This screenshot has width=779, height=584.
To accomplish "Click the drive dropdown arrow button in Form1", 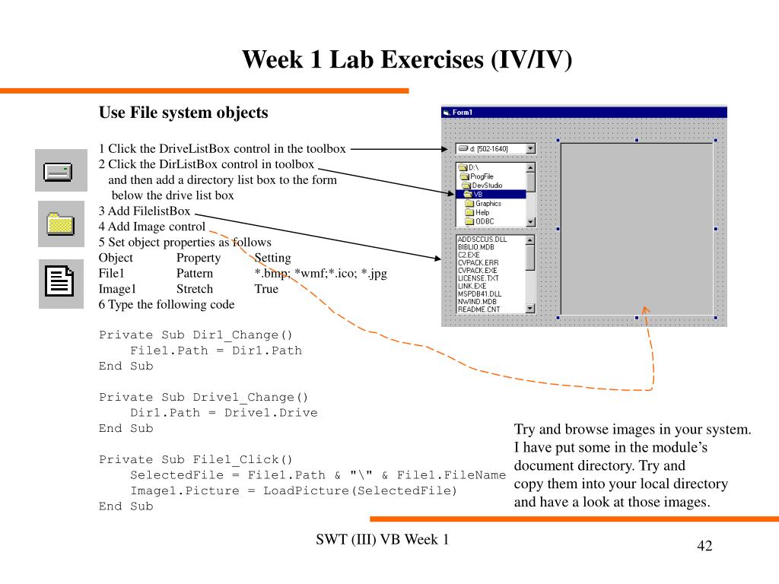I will click(x=530, y=148).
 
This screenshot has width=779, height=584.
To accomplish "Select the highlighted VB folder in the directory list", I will click(x=479, y=194).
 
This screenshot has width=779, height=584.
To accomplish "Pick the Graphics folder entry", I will click(x=488, y=203).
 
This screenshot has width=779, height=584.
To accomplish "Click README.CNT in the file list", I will click(x=479, y=309).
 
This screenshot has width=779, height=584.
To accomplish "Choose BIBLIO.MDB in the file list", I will click(x=475, y=247).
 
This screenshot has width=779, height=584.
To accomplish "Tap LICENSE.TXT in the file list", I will click(x=478, y=278).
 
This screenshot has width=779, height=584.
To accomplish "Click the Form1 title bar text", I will click(x=462, y=113).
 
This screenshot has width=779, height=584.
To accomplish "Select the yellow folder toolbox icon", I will click(x=60, y=224).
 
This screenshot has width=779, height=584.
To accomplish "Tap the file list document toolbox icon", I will click(x=60, y=283).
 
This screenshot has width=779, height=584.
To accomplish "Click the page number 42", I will click(x=704, y=547).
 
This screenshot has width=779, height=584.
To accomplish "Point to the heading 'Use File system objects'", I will click(x=183, y=113).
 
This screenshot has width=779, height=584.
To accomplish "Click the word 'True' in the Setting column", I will click(x=266, y=289).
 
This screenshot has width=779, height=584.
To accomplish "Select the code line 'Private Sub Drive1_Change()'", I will click(x=204, y=397).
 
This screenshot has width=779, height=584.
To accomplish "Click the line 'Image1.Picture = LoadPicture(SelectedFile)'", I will click(x=294, y=490).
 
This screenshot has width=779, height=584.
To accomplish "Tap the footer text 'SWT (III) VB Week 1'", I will click(x=382, y=540).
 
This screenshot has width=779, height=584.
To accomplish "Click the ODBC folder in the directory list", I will click(x=485, y=221).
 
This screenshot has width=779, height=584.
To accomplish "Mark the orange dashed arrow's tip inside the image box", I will click(x=646, y=309).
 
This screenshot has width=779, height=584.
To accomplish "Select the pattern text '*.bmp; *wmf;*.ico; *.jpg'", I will click(x=320, y=273).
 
